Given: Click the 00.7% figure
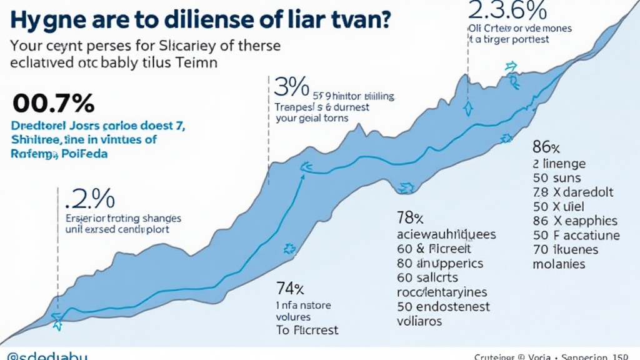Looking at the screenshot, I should pyautogui.click(x=53, y=102).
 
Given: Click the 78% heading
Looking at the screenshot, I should pyautogui.click(x=410, y=218).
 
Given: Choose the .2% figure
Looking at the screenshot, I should pyautogui.click(x=90, y=199).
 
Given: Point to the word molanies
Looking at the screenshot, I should pyautogui.click(x=559, y=264).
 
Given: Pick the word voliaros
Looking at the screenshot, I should pyautogui.click(x=419, y=321).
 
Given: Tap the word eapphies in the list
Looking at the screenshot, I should pyautogui.click(x=587, y=221).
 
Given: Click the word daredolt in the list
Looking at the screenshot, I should pyautogui.click(x=591, y=192).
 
